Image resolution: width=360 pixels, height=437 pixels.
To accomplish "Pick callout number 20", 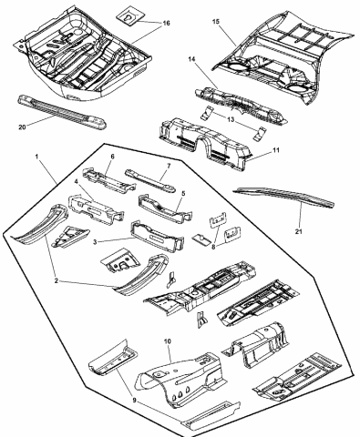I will (x=21, y=128).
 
